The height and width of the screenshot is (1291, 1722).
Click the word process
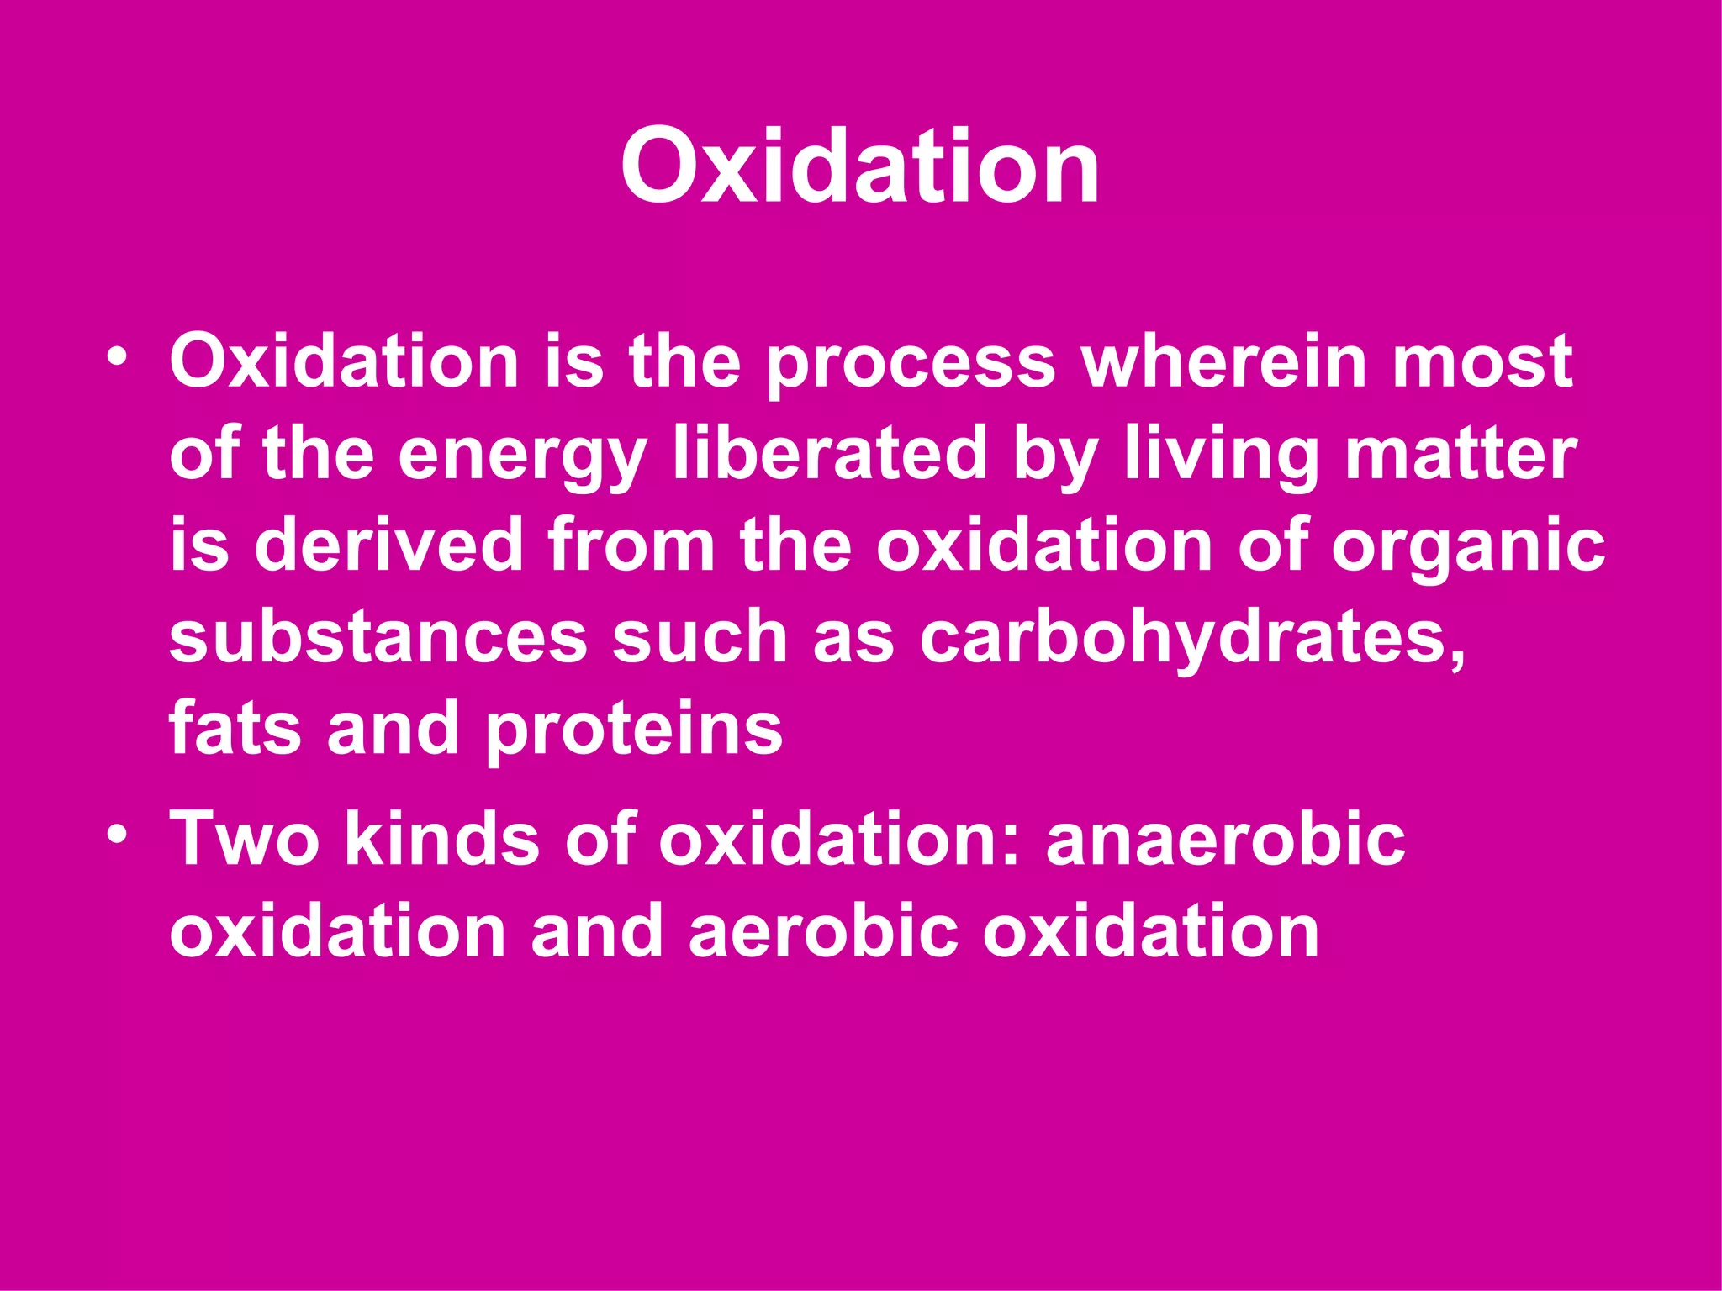[x=911, y=364]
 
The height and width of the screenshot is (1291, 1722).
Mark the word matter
[x=1460, y=454]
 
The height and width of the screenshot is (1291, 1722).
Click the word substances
[x=378, y=636]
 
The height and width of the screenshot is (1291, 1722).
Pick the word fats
[x=235, y=728]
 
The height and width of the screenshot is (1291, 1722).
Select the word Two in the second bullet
[x=245, y=838]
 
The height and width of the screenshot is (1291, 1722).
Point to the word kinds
[x=442, y=838]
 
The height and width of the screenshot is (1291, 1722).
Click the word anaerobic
[x=1225, y=838]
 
